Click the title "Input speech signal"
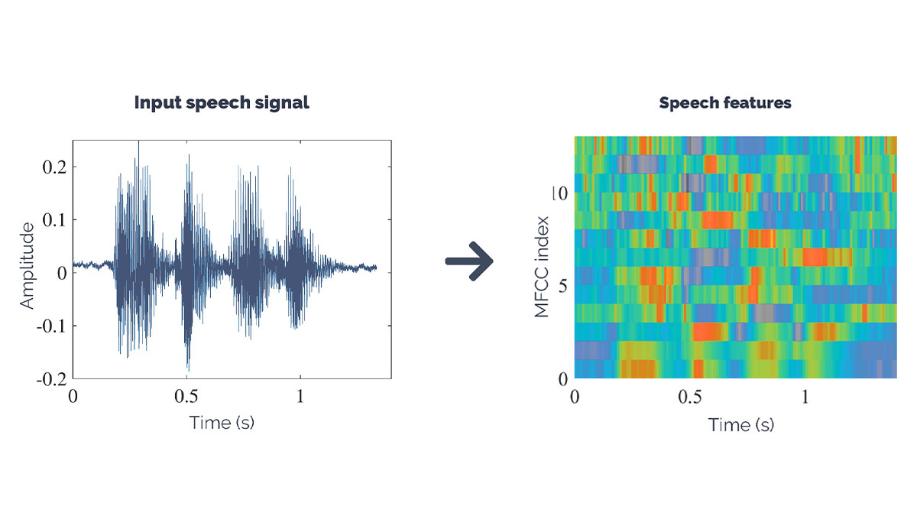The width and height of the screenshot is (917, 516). point(222,102)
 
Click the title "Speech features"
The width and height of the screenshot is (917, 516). point(725,102)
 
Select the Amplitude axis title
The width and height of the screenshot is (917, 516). point(28,266)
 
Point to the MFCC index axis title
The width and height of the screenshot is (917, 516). point(542,266)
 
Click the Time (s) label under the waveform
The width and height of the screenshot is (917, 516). point(222,423)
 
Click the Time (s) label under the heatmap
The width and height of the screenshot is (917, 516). point(740,424)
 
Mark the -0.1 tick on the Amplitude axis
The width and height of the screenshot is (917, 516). point(50,326)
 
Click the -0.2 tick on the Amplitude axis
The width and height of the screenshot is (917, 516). point(50,378)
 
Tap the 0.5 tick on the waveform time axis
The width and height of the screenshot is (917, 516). point(186,398)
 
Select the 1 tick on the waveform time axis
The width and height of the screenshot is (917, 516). point(300,398)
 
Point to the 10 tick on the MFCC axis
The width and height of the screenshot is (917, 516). point(560,194)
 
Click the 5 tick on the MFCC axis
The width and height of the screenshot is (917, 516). point(562,286)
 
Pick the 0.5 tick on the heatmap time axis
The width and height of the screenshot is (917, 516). point(689,398)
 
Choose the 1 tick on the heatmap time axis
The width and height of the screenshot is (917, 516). point(805,398)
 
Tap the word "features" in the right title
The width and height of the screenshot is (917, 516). point(757,102)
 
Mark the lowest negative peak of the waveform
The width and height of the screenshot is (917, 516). point(187,368)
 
